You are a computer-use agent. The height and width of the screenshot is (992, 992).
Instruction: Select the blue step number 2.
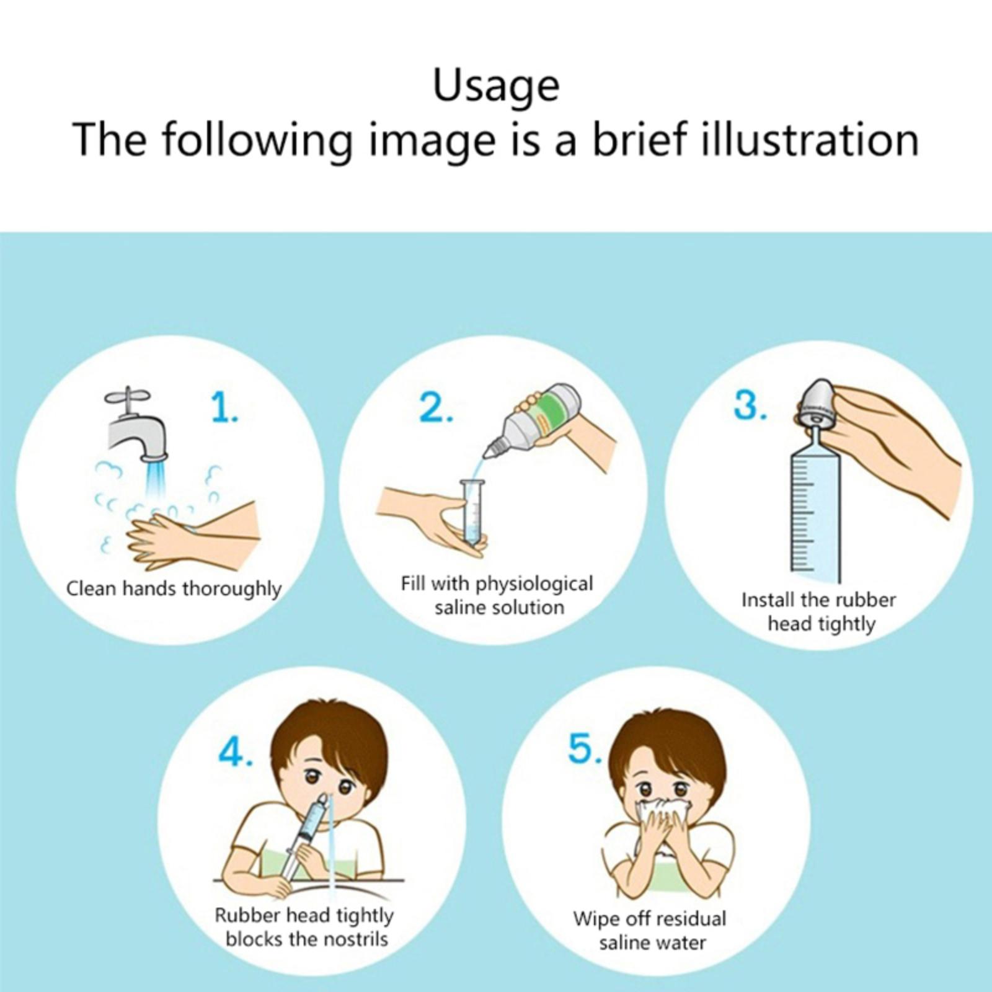(x=436, y=408)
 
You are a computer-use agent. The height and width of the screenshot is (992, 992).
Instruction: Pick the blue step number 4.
(x=236, y=753)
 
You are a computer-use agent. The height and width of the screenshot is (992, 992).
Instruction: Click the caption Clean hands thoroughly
(x=174, y=588)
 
